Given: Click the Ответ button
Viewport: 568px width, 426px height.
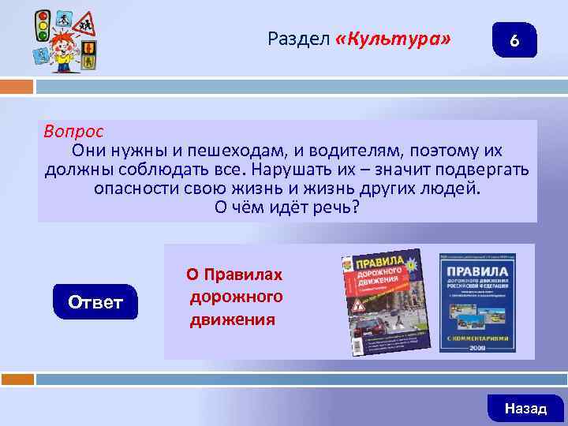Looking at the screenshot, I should pos(95,302).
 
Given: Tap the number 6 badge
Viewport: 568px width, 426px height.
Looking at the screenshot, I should pos(514,41).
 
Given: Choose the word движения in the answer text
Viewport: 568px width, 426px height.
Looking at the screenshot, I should pos(232,319).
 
